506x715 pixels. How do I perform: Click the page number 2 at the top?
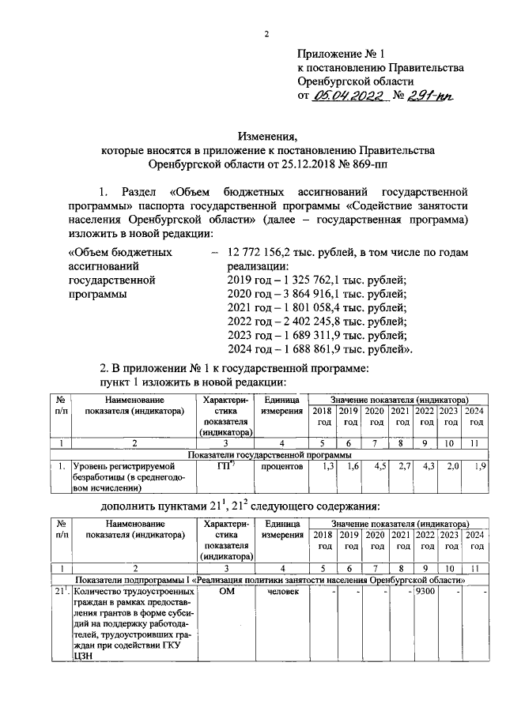[267, 33]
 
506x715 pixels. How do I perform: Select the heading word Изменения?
[267, 135]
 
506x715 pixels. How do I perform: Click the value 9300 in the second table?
[425, 593]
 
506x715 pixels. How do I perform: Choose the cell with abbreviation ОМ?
[226, 593]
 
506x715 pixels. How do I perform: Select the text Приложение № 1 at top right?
[340, 54]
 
